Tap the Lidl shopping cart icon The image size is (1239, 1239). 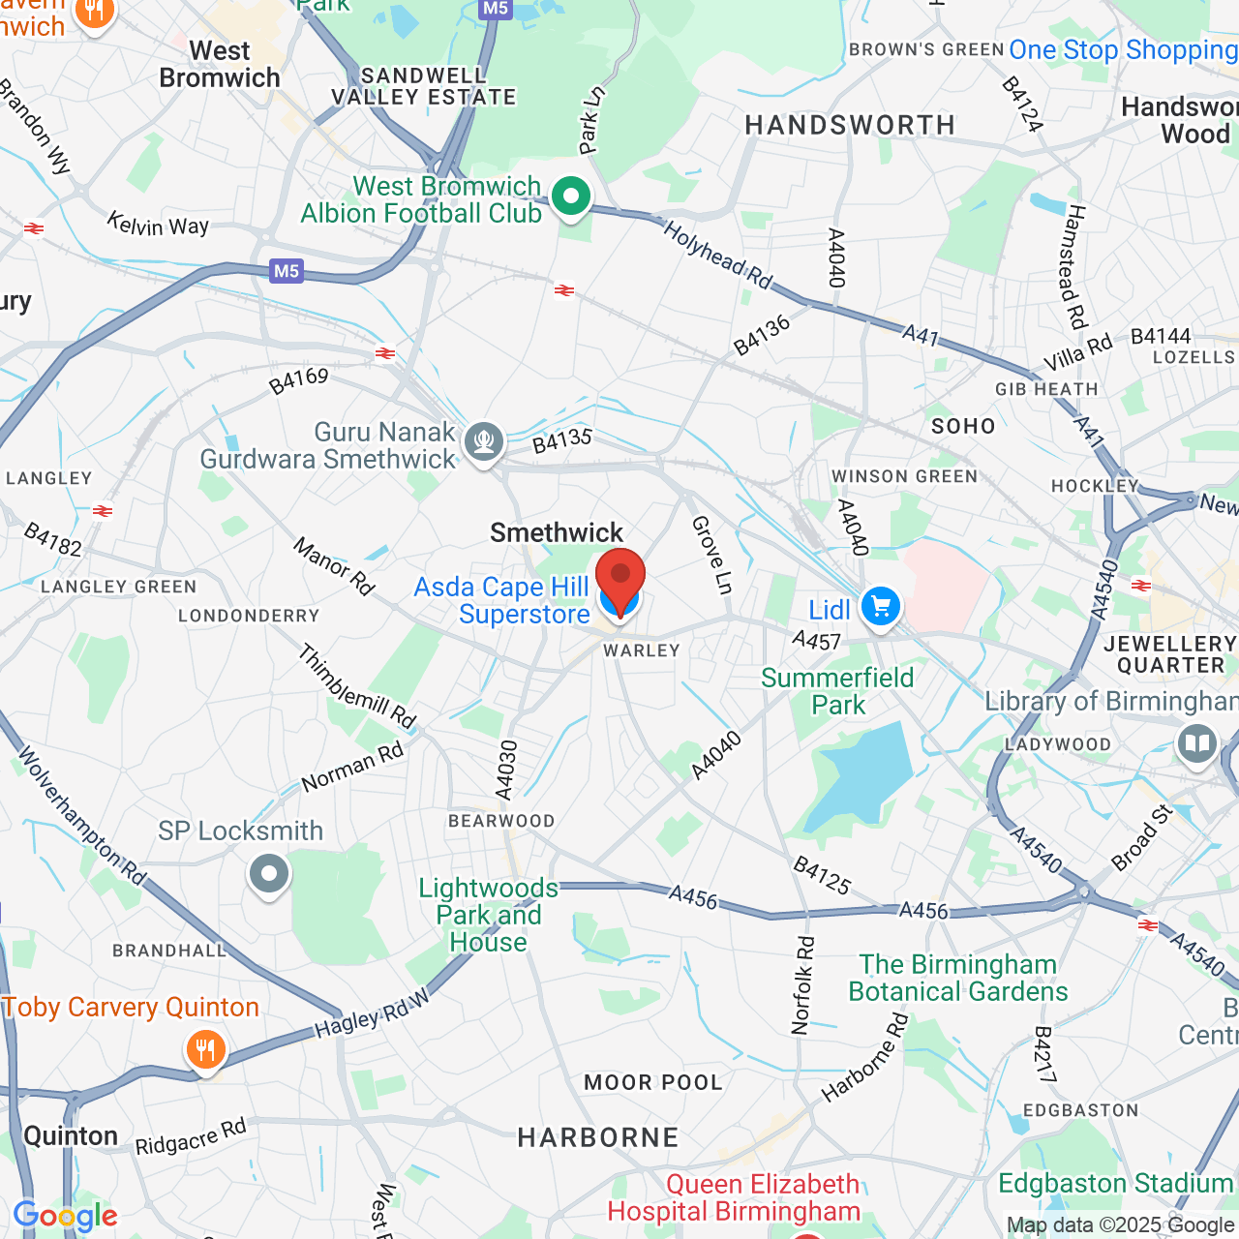(x=880, y=608)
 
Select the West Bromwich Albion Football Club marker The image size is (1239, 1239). (x=571, y=197)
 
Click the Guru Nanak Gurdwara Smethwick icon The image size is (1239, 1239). (x=484, y=442)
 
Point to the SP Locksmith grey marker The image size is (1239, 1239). (x=269, y=874)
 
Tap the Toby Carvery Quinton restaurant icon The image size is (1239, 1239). (x=205, y=1049)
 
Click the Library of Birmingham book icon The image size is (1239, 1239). (x=1196, y=744)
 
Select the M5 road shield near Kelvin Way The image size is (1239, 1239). (x=287, y=271)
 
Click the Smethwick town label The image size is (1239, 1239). (x=557, y=532)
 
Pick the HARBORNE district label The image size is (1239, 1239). (x=598, y=1137)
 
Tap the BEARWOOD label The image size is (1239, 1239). (x=501, y=821)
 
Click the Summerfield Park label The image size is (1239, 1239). (x=837, y=691)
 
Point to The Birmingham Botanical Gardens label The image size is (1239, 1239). (x=958, y=978)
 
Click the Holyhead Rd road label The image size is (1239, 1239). (x=717, y=255)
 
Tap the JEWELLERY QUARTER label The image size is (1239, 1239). (x=1170, y=654)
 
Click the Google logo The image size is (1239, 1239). (x=65, y=1216)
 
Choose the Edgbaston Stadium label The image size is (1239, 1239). (x=1115, y=1183)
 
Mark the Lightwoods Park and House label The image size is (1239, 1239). (x=488, y=915)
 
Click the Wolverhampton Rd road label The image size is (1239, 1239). (x=81, y=816)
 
